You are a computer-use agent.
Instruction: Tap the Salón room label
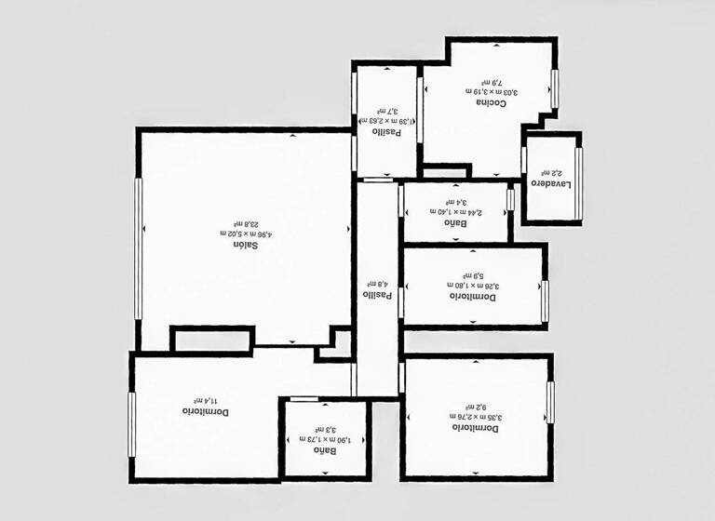coord(245,245)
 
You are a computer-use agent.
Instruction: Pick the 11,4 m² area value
coord(193,399)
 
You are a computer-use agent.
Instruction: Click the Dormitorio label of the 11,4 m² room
coord(206,410)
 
